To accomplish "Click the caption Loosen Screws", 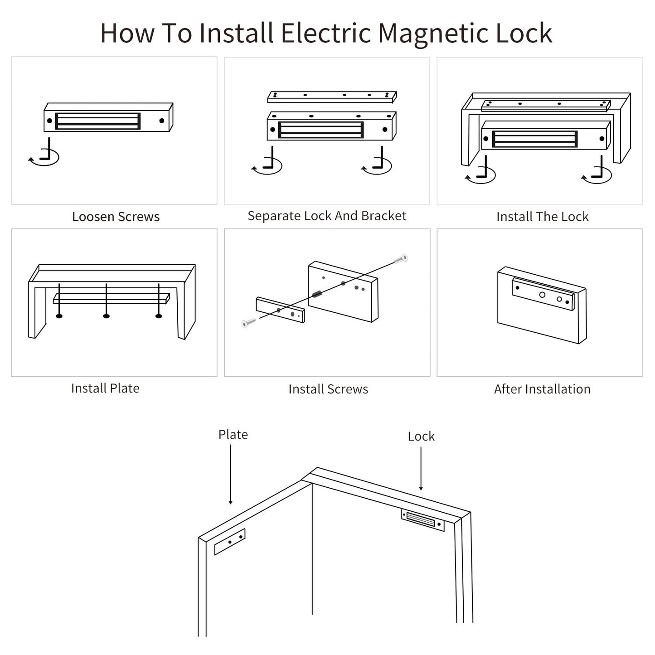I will click(116, 217).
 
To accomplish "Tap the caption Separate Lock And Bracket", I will click(326, 216).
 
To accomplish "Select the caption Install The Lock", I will click(542, 217).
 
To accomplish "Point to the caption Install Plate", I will click(105, 388).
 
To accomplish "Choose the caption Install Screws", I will click(328, 389).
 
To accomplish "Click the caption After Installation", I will click(542, 389).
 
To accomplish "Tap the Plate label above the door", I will click(233, 434).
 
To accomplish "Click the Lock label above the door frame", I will click(421, 436).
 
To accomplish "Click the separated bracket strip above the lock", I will click(332, 97).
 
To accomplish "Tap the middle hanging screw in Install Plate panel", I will click(106, 301).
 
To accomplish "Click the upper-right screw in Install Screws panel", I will click(401, 259).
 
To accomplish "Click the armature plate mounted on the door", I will click(230, 541).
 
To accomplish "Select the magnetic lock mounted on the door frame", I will click(422, 520).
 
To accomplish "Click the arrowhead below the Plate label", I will click(231, 502).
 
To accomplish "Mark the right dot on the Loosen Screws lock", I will click(162, 121).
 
